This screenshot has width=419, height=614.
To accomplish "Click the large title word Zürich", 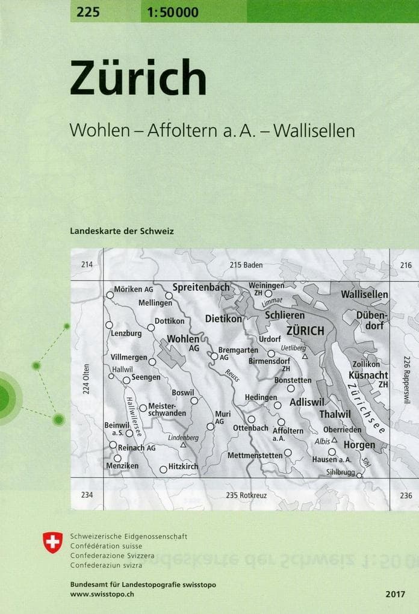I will [x=138, y=79].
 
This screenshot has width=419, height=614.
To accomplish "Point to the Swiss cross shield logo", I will [x=53, y=542].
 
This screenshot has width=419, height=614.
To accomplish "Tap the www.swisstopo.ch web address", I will [x=101, y=594].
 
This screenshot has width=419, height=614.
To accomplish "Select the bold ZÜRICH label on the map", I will [x=305, y=330].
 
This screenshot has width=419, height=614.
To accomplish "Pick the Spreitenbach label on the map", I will [x=201, y=288].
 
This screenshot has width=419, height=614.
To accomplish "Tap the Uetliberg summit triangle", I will [x=305, y=356].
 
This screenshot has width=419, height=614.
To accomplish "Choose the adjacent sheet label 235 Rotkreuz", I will [x=246, y=495].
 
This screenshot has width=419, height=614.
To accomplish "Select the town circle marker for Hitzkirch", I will [x=163, y=470].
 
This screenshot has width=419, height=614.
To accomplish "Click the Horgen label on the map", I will [x=359, y=445].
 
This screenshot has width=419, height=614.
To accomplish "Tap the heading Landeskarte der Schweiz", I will [x=122, y=231].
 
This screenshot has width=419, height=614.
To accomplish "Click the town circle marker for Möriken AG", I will [x=110, y=295].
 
